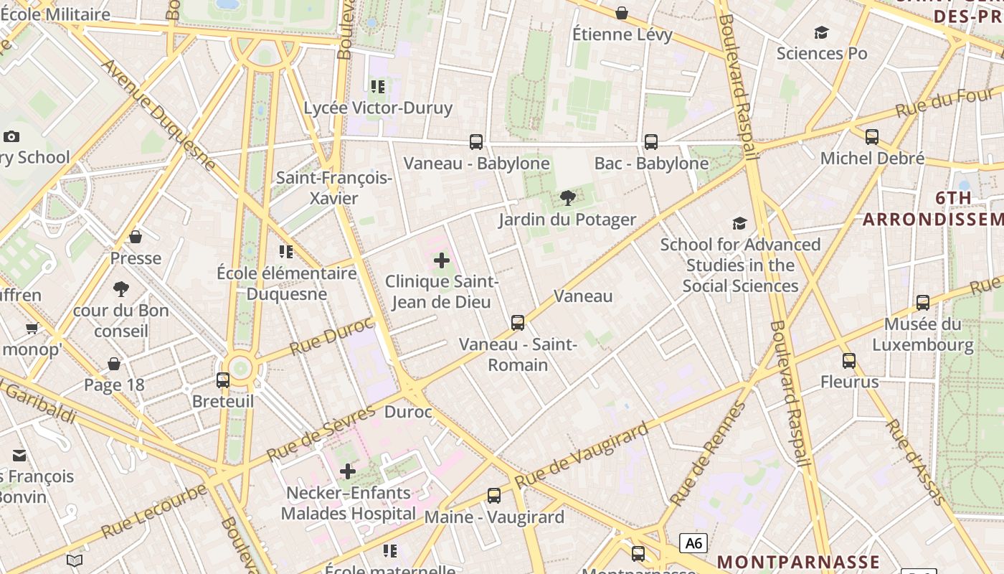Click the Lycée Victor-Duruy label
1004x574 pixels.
378,108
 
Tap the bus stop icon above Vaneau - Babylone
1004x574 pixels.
476,142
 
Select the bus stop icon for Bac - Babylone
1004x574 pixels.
651,142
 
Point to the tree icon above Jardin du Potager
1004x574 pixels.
567,198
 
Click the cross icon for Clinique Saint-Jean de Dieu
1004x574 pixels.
442,260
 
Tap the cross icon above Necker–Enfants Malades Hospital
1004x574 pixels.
348,471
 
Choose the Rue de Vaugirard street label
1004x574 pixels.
582,456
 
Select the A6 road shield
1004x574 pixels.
693,542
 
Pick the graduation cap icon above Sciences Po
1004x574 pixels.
821,32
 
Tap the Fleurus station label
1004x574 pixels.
849,382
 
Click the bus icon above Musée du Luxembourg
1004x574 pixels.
922,303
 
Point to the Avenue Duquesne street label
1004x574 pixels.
158,115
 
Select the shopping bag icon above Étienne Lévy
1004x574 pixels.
622,13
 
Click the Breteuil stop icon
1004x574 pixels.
223,380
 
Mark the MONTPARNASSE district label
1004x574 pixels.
798,562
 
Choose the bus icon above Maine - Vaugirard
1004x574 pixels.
494,496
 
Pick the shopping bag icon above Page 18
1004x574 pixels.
114,364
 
